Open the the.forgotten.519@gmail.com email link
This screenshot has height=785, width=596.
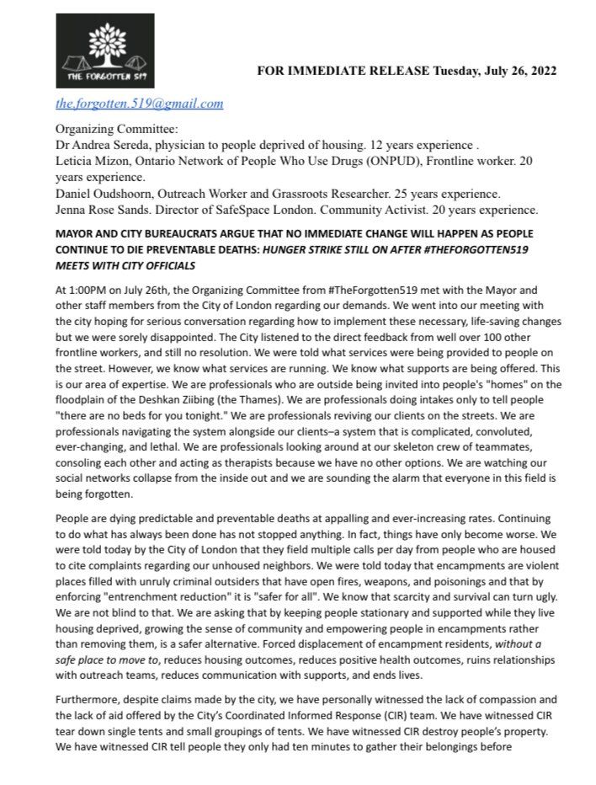[x=139, y=104]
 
